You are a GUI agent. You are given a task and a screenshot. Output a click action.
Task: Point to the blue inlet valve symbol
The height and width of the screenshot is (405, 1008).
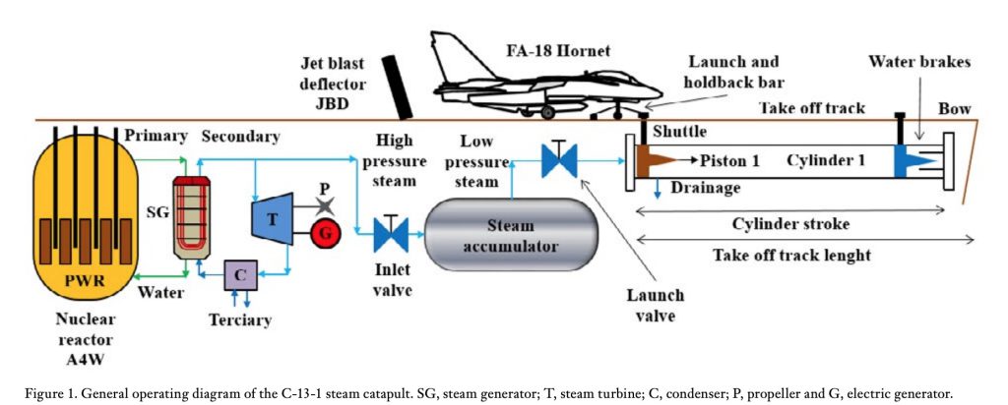[391, 234]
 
